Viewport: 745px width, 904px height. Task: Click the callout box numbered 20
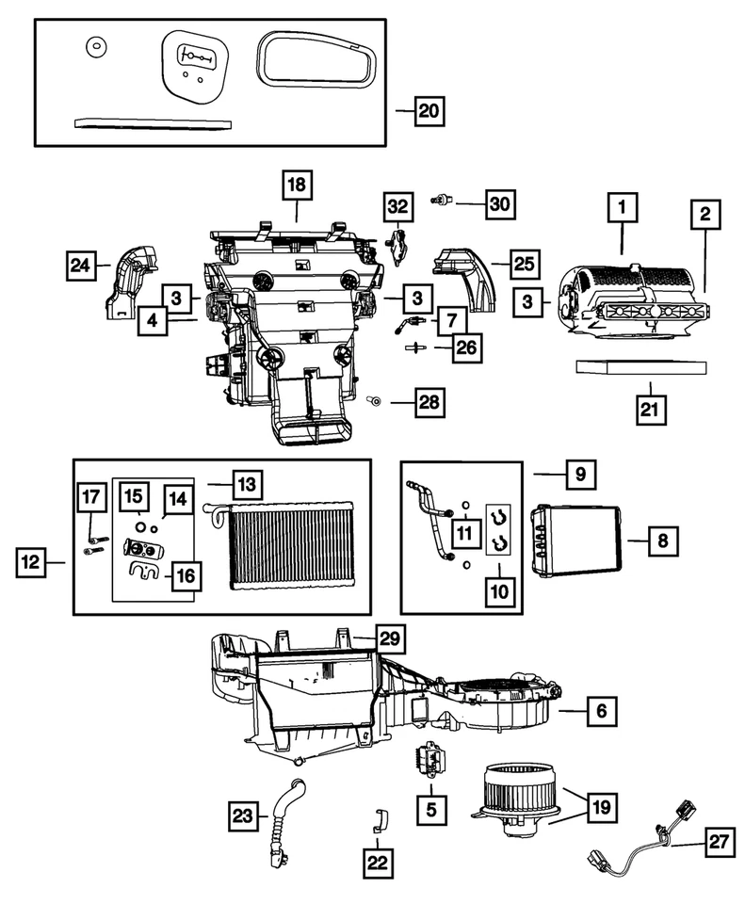tap(428, 110)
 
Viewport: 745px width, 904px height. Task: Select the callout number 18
tap(297, 186)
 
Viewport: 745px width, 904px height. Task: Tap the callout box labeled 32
tap(398, 205)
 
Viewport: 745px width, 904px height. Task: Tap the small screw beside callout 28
tap(375, 402)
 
